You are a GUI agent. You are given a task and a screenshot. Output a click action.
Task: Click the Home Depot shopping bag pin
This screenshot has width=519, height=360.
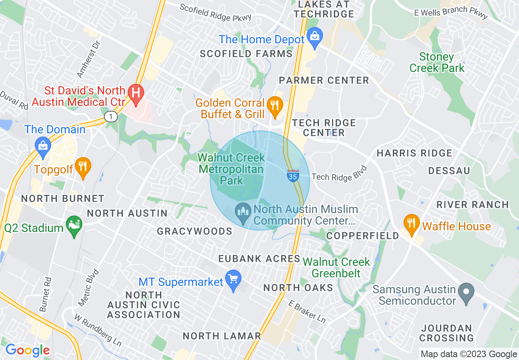pos(314,36)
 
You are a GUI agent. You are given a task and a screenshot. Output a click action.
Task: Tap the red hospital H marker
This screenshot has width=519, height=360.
pos(135,92)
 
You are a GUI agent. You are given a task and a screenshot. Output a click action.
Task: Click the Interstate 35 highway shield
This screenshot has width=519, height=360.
pos(293,176)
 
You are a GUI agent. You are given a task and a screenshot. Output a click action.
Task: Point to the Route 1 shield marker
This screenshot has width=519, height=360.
pos(111,117)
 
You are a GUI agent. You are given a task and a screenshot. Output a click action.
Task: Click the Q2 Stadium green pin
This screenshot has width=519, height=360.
pos(74,226)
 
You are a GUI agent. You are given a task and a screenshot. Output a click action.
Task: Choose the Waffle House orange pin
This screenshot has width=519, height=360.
pos(411,224)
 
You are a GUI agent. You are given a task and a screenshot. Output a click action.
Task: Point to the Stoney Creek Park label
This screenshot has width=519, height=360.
pos(437,62)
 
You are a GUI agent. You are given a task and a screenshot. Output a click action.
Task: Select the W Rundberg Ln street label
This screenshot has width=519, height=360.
pos(98,329)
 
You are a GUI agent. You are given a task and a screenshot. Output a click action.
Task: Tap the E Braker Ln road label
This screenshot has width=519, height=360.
pos(307,311)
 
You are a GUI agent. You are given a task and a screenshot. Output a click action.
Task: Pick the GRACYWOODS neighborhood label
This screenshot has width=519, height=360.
pos(195,232)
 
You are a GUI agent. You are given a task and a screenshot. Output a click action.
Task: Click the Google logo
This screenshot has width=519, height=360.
pos(27,350)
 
